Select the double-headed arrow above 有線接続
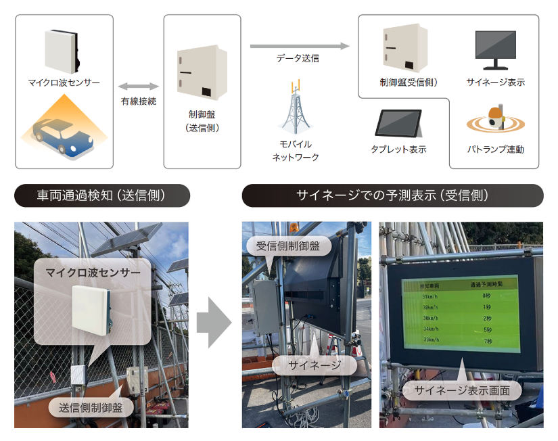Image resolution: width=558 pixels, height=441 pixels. tap(139, 87)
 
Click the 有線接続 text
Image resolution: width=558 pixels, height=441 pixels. tap(139, 101)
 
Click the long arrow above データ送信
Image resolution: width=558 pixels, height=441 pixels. tap(300, 46)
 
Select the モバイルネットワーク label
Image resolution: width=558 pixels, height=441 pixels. tap(296, 151)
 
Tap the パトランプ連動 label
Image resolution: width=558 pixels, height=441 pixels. tap(496, 149)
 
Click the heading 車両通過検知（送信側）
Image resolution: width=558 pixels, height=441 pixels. tap(101, 196)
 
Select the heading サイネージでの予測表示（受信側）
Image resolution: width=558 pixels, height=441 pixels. tap(392, 196)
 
